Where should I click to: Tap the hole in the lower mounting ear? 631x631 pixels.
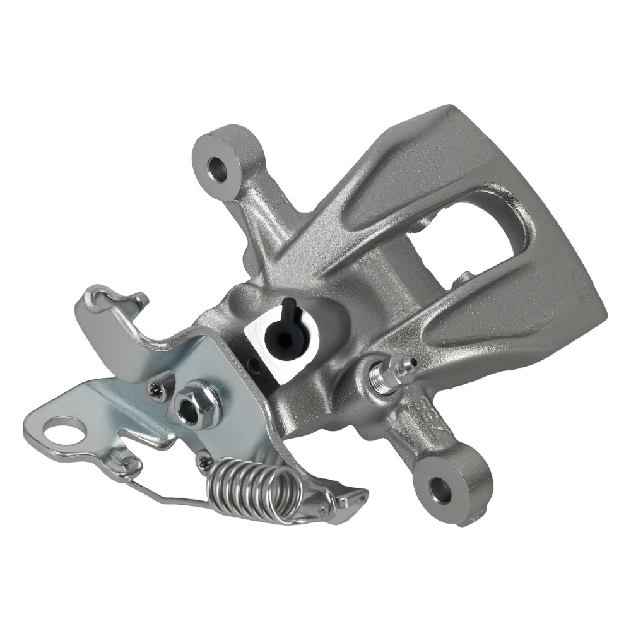440,490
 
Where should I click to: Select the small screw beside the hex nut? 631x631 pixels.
156,392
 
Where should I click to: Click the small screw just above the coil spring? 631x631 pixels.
203,463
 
